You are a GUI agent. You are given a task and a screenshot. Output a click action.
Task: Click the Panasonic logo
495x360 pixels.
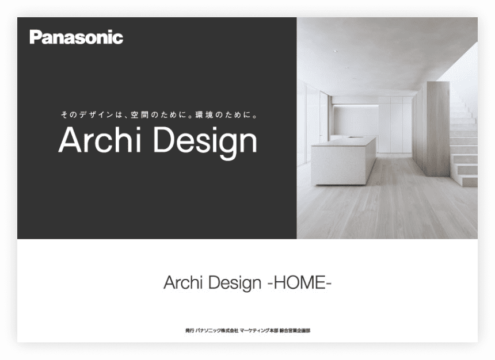(76, 37)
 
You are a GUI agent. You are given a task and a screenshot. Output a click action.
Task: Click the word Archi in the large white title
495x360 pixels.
(100, 140)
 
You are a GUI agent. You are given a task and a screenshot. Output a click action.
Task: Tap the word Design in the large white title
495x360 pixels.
(205, 143)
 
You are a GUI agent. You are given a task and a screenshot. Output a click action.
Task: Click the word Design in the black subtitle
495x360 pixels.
(235, 284)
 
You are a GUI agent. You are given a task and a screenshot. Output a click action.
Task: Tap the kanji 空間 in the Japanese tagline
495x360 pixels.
(139, 115)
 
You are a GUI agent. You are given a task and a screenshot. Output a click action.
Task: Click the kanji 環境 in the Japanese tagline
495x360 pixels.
(204, 115)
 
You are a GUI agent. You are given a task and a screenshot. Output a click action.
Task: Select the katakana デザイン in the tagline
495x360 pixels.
(96, 115)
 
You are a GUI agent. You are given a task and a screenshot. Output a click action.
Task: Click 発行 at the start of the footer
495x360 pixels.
(189, 331)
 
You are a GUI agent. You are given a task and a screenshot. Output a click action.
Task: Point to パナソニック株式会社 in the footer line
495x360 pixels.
(217, 331)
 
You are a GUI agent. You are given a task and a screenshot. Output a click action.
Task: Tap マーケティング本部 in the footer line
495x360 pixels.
(259, 331)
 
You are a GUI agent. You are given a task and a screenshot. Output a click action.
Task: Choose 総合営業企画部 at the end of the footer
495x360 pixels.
(295, 331)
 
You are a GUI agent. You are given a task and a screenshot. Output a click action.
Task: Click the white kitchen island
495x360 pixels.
(344, 161)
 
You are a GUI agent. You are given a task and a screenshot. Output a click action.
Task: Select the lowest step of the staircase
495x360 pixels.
(468, 181)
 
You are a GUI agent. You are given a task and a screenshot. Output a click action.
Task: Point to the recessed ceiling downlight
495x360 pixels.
(335, 51)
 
